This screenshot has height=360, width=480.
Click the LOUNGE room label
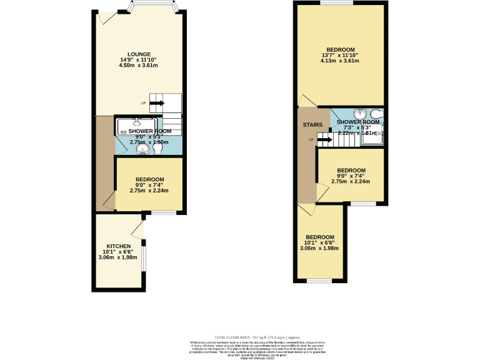click(138, 54)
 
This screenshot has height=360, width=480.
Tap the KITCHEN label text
click(118, 246)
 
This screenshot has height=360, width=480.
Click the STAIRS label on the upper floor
click(312, 124)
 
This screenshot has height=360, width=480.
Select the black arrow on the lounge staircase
click(156, 103)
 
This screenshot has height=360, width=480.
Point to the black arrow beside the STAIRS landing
click(324, 141)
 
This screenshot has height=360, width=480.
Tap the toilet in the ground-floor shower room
click(157, 149)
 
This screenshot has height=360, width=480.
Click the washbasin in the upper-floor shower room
click(359, 114)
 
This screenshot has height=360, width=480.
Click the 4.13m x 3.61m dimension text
click(340, 61)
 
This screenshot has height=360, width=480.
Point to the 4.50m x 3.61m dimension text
click(138, 65)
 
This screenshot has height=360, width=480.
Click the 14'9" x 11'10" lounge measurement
click(138, 59)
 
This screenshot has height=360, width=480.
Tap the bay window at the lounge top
click(154, 8)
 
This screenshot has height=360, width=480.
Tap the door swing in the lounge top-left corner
click(104, 18)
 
